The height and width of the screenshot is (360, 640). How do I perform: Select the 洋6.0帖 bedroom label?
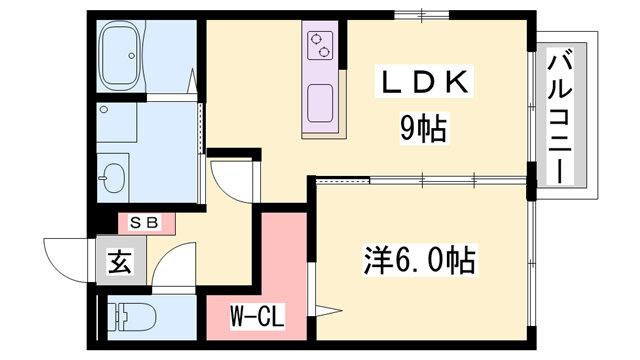point(417,262)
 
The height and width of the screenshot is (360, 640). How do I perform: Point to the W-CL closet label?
point(258,319)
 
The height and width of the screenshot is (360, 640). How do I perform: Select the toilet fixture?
point(130,319)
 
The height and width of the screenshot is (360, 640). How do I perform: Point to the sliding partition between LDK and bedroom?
point(421,181)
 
